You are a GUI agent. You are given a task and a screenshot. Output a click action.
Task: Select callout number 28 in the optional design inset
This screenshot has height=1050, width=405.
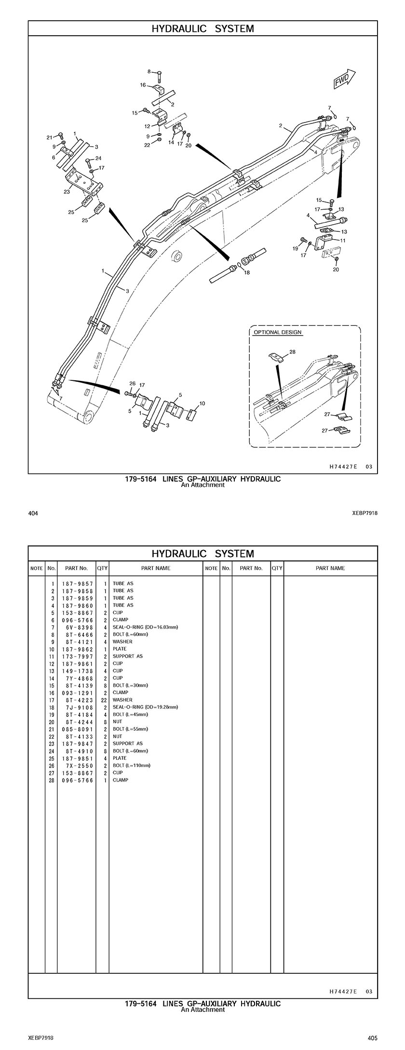click(x=293, y=351)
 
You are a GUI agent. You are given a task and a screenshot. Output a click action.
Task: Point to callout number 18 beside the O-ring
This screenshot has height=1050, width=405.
click(x=247, y=273)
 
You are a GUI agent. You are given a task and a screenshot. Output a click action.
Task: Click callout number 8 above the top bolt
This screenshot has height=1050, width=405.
click(x=149, y=72)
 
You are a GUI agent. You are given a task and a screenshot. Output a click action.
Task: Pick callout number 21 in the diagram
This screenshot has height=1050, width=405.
click(x=49, y=137)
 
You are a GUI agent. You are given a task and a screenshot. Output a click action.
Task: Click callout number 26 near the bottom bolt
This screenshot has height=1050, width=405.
click(x=132, y=383)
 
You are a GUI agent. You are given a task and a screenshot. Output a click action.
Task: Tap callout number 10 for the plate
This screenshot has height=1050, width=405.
click(x=202, y=403)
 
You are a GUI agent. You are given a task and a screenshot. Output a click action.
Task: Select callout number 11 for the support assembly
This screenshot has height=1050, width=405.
click(x=343, y=240)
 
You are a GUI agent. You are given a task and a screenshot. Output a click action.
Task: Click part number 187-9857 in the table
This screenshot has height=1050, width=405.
click(x=77, y=583)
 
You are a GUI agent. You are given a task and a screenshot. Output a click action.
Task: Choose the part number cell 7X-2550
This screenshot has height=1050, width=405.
click(x=77, y=765)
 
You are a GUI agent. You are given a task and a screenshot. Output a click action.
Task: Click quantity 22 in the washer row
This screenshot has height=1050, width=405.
click(x=104, y=700)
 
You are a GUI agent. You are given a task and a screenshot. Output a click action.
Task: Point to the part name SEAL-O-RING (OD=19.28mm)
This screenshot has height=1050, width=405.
click(x=145, y=707)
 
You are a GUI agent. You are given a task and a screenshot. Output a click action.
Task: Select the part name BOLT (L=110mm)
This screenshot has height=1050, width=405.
click(x=132, y=765)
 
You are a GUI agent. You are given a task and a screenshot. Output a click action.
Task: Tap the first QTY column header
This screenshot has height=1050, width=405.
click(x=102, y=568)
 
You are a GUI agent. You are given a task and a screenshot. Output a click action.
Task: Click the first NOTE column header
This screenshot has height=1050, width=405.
click(x=37, y=568)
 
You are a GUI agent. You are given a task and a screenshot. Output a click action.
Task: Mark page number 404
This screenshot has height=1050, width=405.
click(x=33, y=513)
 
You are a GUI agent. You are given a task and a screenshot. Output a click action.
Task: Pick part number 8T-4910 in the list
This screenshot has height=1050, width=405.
click(x=77, y=751)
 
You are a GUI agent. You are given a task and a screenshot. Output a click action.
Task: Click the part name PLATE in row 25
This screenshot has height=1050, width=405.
click(x=120, y=758)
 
